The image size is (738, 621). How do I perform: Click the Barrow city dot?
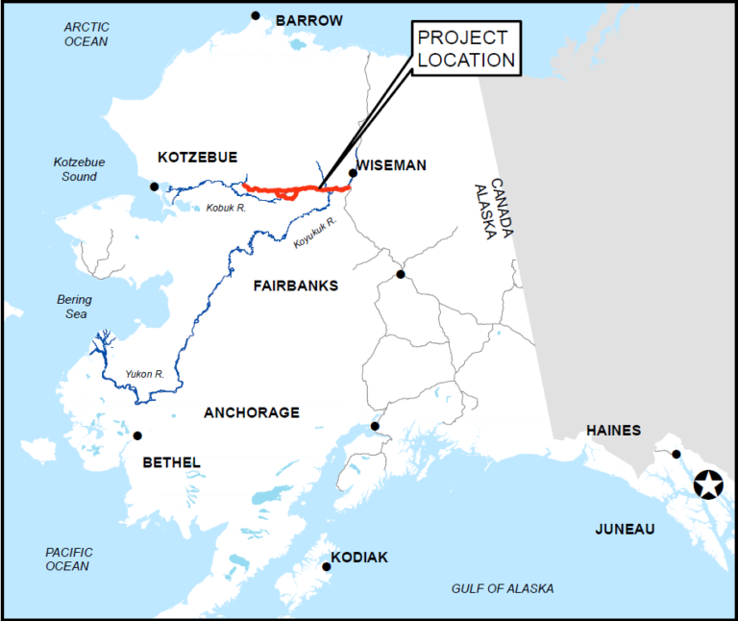(x=256, y=15)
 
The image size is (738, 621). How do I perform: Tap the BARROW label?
(x=308, y=20)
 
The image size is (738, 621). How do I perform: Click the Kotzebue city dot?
(x=154, y=186)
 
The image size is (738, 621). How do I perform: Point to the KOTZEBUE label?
(x=197, y=157)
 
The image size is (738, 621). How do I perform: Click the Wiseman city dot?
(x=353, y=173)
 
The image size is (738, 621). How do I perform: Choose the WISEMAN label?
(x=391, y=165)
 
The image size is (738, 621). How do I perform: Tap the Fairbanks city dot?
(x=401, y=275)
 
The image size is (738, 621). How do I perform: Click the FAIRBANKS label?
(x=296, y=286)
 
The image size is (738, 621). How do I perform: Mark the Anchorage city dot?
(x=375, y=426)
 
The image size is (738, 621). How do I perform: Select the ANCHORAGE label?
(x=252, y=412)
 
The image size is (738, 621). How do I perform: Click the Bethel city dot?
(x=137, y=435)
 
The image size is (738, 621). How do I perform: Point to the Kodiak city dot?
(x=327, y=566)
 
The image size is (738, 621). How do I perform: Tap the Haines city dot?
(x=676, y=454)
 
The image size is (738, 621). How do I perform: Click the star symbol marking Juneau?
(x=709, y=485)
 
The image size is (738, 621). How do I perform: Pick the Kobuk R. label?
(x=227, y=207)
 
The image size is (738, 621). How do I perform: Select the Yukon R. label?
(x=144, y=374)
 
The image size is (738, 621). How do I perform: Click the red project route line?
(x=288, y=189)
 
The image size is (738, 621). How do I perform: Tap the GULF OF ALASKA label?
(x=503, y=588)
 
